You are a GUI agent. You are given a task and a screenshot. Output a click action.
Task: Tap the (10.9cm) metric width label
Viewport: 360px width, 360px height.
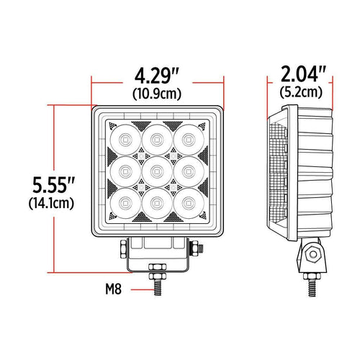tap(156, 93)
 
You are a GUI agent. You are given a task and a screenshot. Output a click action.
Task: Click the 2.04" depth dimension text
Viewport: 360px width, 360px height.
tap(302, 73)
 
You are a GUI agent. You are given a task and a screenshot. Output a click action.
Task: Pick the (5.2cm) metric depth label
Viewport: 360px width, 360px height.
tap(302, 92)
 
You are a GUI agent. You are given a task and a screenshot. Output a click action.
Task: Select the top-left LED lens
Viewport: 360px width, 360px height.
tap(123, 139)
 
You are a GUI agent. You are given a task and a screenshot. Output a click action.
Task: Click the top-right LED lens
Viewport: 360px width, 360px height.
tap(189, 139)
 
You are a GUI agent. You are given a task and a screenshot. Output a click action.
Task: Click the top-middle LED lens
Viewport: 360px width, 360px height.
tap(156, 139)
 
